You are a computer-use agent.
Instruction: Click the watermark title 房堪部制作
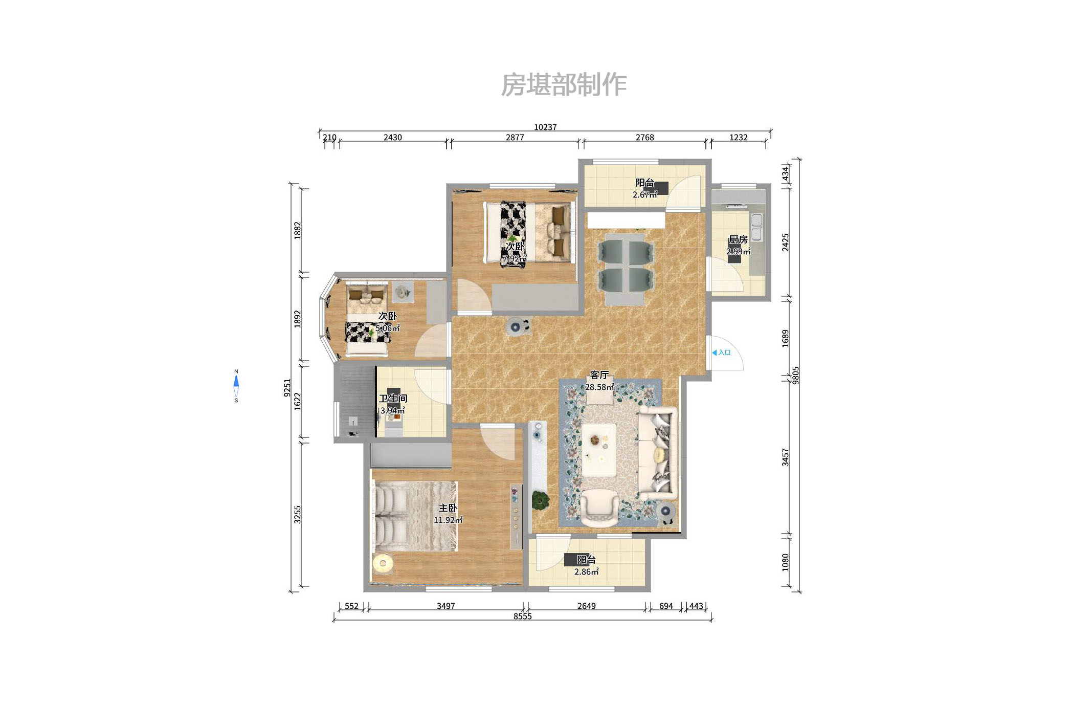tap(564, 85)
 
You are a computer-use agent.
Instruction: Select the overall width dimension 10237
tap(545, 127)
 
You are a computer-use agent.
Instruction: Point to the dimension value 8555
tap(522, 616)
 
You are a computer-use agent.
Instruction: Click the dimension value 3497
tap(445, 606)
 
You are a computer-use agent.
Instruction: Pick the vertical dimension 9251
tap(287, 387)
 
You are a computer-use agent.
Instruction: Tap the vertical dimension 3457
tap(786, 457)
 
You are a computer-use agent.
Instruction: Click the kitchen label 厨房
tap(738, 239)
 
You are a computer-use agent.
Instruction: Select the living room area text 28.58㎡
tap(599, 387)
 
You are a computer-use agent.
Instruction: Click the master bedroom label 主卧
tap(448, 508)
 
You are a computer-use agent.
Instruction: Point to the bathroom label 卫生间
tap(393, 399)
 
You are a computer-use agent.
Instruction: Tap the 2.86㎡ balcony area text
tap(586, 572)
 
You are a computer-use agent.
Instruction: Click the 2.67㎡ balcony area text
tap(644, 195)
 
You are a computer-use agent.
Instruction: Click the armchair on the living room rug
tap(599, 508)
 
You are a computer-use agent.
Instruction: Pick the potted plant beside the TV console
tap(540, 500)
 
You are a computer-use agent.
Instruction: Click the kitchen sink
tap(756, 227)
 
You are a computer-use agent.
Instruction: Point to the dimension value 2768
tap(644, 138)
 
